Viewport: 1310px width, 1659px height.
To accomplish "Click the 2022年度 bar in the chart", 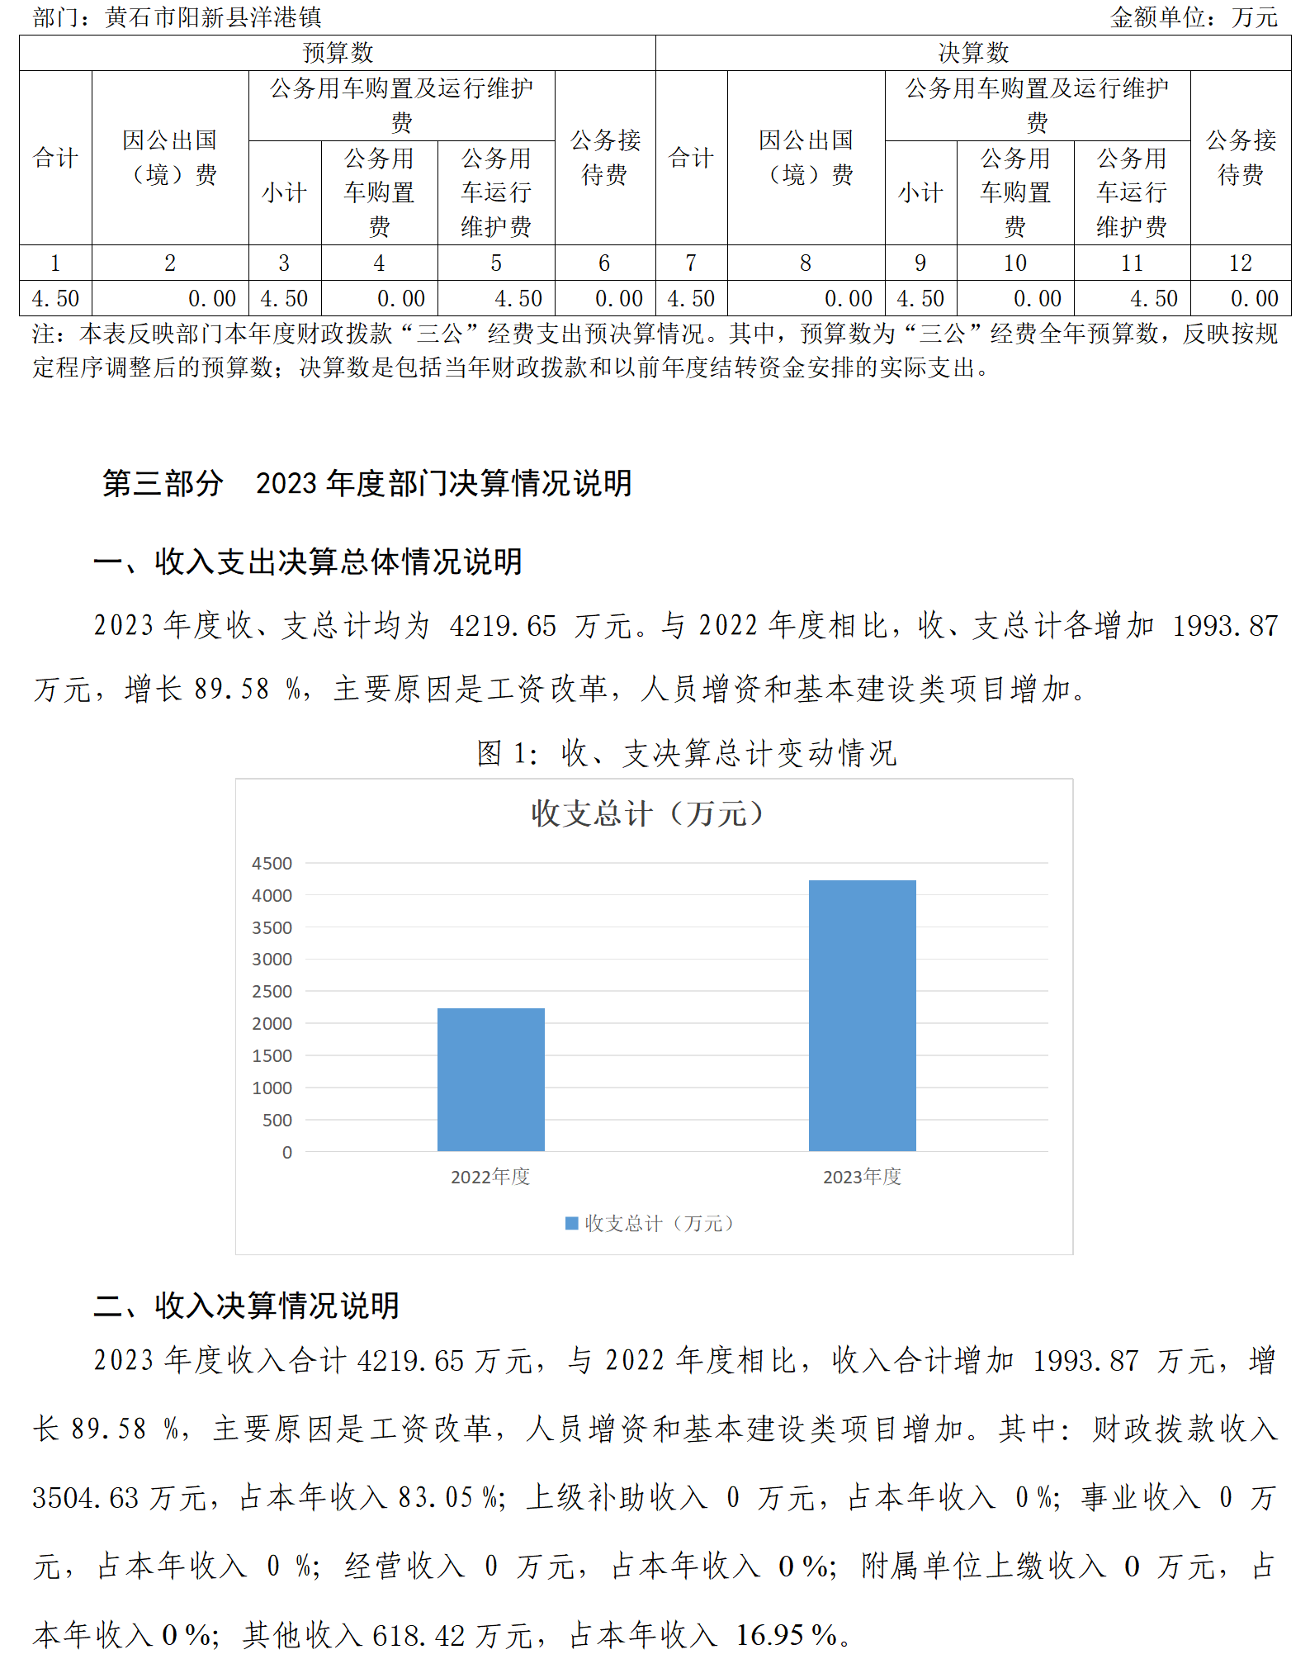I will [x=490, y=1079].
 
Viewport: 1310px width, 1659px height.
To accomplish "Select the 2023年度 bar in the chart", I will [x=862, y=1015].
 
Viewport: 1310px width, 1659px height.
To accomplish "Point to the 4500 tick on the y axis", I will [x=272, y=864].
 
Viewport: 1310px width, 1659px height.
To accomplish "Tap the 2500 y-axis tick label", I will [x=272, y=992].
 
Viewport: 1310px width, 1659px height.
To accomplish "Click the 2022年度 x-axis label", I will [x=490, y=1177].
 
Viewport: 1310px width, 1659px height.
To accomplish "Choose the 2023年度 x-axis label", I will [x=862, y=1177].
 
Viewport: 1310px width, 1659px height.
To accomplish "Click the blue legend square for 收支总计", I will [x=571, y=1223].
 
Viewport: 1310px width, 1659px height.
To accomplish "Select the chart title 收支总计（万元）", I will [x=649, y=814].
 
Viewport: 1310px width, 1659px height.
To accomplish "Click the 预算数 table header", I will [x=338, y=53].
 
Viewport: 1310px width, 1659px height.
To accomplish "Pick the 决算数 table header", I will [x=973, y=53].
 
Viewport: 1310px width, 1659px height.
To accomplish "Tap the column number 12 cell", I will [x=1240, y=263].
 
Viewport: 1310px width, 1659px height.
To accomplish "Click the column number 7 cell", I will [x=691, y=263].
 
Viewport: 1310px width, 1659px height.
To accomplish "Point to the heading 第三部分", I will [x=163, y=484].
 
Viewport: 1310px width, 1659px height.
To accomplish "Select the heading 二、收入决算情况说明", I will [x=246, y=1306].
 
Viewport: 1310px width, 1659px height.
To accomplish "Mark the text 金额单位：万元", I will [x=1194, y=17].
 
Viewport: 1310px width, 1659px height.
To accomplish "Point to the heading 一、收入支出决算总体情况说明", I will [x=308, y=562].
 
